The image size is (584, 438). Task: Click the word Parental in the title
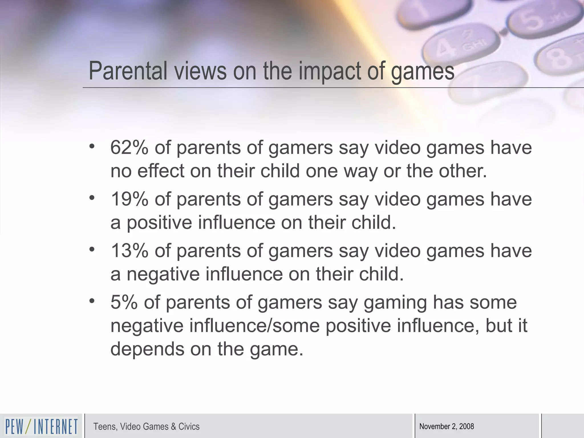[128, 71]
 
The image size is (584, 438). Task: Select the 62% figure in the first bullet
[129, 148]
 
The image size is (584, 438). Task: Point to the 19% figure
[129, 199]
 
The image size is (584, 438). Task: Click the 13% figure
[129, 251]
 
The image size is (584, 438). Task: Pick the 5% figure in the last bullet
[124, 302]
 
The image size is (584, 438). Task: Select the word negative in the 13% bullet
[163, 274]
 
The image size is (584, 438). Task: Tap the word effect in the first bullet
[161, 171]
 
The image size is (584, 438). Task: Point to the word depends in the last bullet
[147, 349]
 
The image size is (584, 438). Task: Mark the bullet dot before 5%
[92, 301]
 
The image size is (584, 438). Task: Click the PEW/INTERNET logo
[41, 427]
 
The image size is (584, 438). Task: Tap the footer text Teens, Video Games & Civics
[146, 427]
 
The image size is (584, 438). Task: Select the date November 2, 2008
[447, 427]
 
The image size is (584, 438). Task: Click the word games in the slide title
[422, 71]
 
